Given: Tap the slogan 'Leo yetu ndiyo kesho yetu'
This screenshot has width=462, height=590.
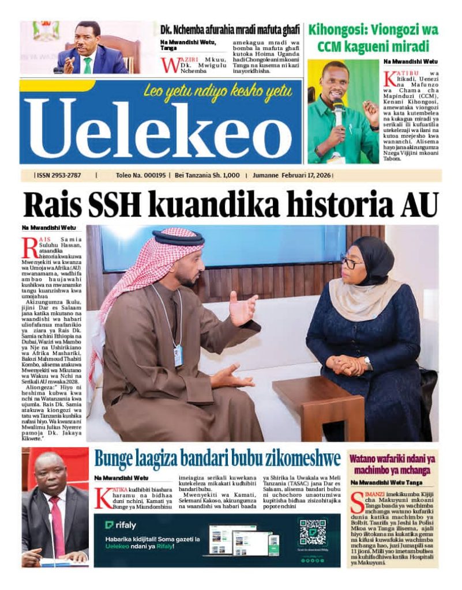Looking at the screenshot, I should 218,90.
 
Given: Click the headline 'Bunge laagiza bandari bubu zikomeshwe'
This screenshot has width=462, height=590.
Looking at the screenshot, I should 217,459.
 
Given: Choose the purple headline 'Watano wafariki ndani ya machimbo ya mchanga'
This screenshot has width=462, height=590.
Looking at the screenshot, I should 392,464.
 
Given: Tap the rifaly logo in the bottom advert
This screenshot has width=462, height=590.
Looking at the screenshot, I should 120,525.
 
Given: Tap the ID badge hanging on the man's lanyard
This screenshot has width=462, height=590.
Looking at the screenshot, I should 178,355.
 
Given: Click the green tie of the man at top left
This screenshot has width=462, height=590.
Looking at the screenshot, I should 87,65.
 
